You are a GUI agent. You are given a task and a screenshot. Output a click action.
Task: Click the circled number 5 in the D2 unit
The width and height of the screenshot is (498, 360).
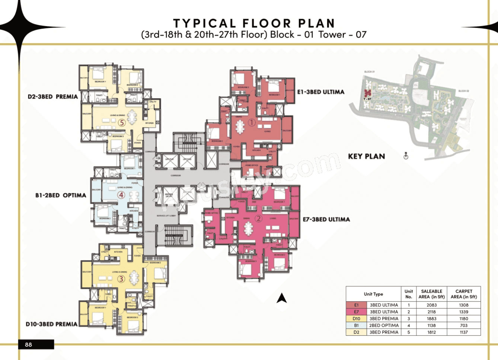tap(121, 122)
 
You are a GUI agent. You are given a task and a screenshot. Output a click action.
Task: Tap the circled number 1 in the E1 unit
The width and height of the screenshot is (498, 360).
tap(251, 122)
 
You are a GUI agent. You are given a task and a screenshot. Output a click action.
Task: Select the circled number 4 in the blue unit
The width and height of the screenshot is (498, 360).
tap(121, 195)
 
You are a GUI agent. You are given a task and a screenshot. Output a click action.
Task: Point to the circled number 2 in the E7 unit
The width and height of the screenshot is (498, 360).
tap(258, 219)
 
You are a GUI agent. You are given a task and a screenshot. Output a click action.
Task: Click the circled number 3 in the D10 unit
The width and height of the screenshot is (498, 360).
tap(121, 279)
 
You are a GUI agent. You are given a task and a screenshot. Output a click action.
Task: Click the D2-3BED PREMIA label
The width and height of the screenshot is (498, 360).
tap(52, 97)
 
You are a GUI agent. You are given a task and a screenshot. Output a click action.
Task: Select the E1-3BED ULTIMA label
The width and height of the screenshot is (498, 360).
tap(320, 92)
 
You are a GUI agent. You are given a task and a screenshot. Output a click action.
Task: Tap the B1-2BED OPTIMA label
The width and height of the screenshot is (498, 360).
tap(61, 195)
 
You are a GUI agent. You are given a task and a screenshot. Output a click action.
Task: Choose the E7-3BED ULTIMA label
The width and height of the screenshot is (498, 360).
tap(326, 220)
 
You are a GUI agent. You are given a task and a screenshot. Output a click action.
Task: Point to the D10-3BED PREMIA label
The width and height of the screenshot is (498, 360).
tap(51, 324)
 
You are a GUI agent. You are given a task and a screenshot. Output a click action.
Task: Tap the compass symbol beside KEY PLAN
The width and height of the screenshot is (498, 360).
tap(406, 156)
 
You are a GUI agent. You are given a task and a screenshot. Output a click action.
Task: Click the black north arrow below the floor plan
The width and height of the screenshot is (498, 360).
tap(282, 298)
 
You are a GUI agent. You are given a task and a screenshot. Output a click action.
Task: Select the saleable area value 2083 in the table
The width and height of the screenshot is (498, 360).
tap(431, 305)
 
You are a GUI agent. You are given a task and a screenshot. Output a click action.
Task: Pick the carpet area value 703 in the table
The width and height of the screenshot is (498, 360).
tap(463, 325)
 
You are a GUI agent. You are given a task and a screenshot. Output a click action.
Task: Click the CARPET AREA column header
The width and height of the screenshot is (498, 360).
tap(463, 294)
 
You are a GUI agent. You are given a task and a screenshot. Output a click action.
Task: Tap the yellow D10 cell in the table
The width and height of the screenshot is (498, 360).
tap(356, 319)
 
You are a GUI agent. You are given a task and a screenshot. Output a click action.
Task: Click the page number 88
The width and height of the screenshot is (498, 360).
tap(29, 345)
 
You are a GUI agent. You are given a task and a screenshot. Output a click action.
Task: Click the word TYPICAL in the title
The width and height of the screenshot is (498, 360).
tap(204, 23)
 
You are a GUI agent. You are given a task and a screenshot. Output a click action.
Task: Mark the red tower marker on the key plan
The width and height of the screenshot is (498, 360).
tap(368, 93)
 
